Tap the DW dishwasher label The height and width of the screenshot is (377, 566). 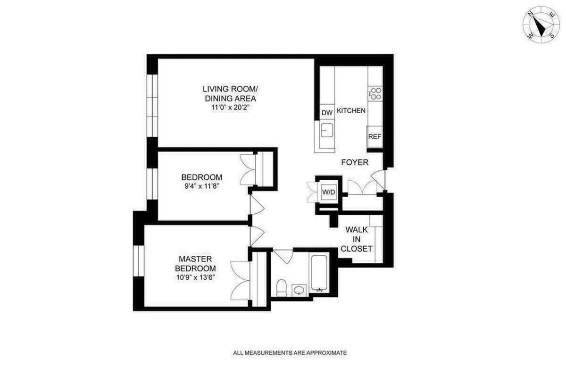point(327,112)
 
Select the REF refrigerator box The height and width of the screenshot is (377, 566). point(375,137)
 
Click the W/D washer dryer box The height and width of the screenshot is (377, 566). point(328,192)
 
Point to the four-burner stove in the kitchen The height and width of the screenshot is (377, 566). point(375,93)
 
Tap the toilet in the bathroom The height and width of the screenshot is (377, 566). point(282,287)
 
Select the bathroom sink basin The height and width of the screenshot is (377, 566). point(298,290)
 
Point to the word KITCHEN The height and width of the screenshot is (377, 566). point(351,111)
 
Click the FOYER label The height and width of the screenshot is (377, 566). point(355,162)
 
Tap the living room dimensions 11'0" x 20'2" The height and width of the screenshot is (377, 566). point(230,108)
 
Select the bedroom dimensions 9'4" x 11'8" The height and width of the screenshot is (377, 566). point(201,186)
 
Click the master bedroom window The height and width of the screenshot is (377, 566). point(139,261)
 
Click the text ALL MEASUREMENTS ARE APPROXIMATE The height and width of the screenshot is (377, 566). point(290,352)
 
